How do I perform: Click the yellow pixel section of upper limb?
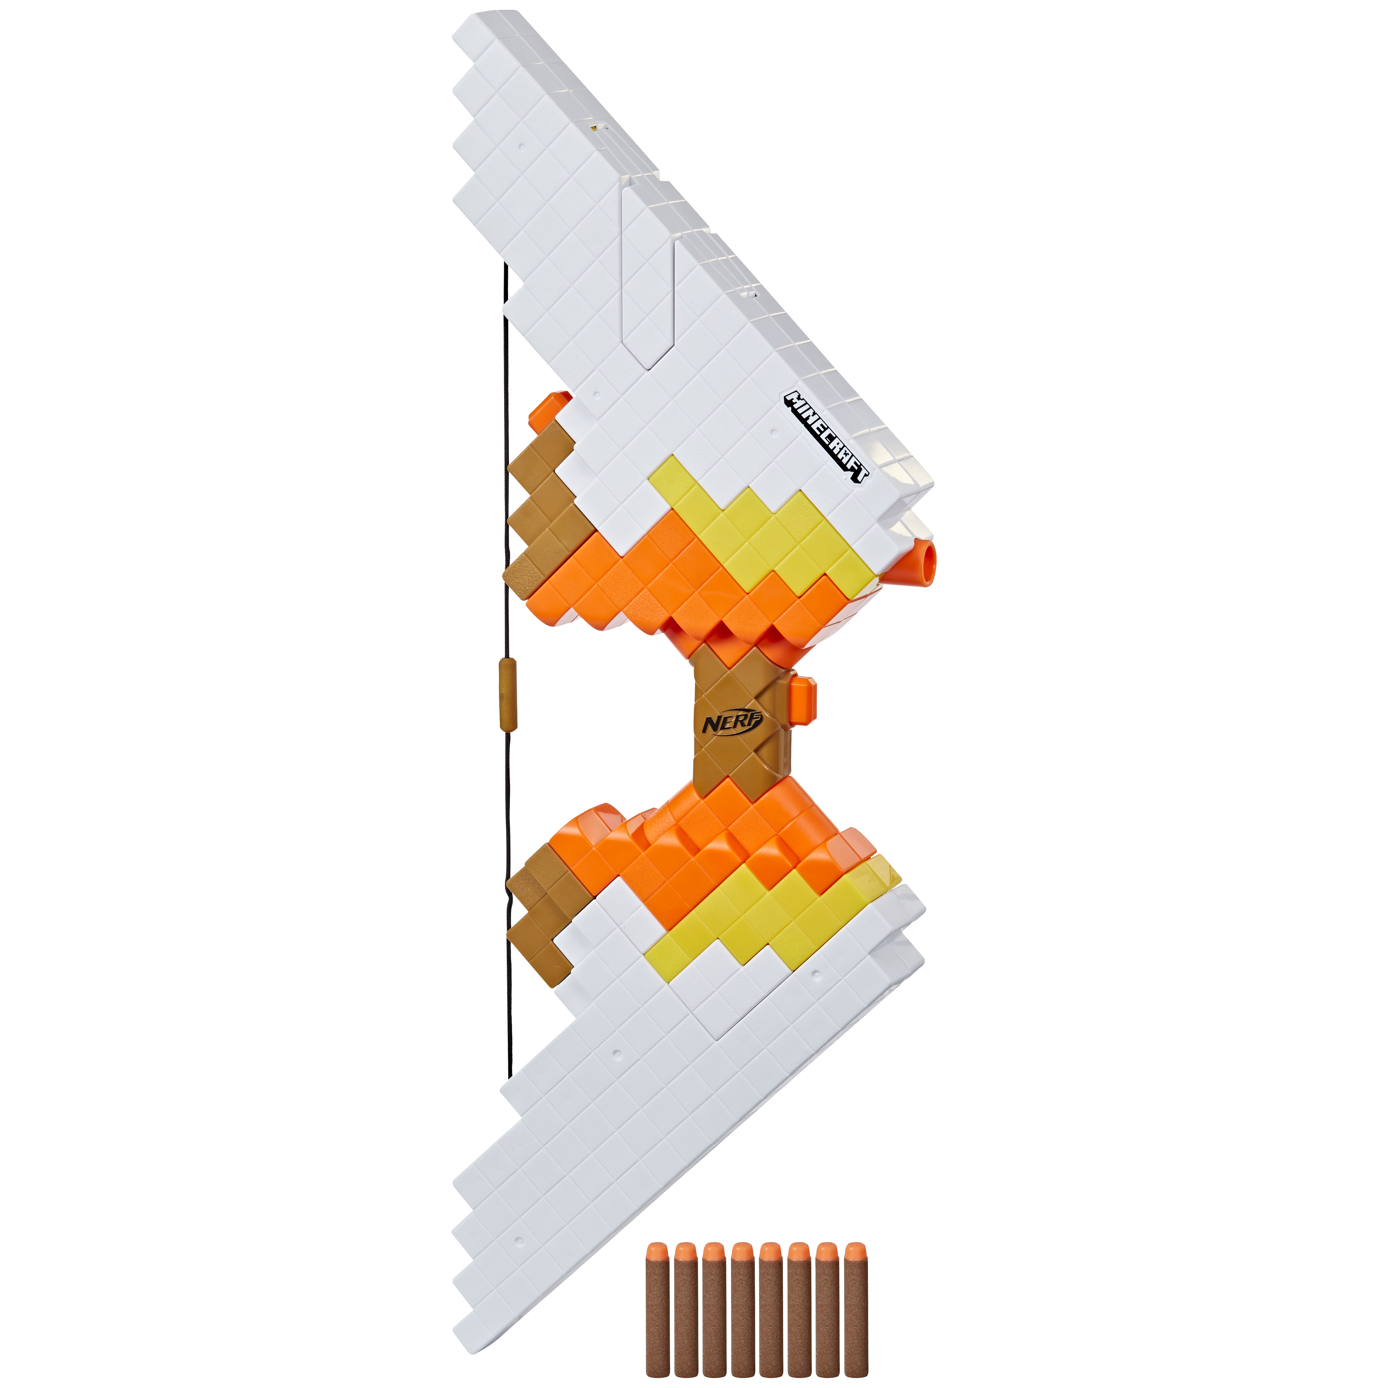click(761, 532)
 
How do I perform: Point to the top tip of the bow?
click(489, 29)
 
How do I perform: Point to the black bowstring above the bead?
click(507, 467)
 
